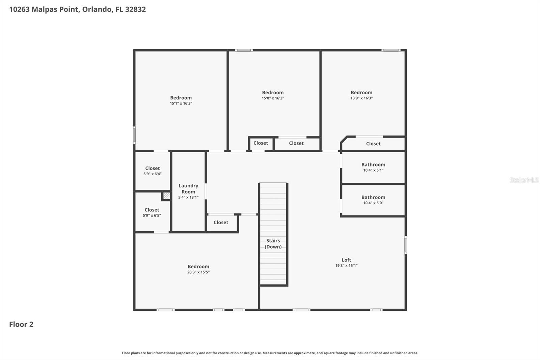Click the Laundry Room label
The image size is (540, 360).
pos(188,188)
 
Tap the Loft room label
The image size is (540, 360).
pos(346,260)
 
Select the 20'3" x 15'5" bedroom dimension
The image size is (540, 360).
pos(198,272)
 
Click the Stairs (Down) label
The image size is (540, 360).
pos(273,243)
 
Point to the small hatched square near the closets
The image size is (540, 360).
pos(166,196)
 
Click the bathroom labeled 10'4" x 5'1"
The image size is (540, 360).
pos(373,167)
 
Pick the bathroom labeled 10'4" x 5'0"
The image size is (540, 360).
pos(373,200)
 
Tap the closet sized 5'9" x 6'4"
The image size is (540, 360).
pos(153,171)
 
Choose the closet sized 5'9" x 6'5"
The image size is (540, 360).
pos(152,212)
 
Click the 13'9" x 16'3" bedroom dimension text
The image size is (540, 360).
pos(361,98)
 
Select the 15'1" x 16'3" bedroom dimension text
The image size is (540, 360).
pos(181,103)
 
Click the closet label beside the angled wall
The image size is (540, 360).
pos(373,144)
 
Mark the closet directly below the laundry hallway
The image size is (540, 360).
pos(221,222)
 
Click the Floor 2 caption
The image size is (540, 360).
pos(21,324)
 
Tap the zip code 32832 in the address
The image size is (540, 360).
pos(135,9)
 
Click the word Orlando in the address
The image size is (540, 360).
pos(97,9)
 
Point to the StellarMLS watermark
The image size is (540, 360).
pos(524,180)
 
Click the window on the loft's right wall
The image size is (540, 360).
pos(405,245)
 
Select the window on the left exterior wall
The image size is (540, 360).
pos(134,135)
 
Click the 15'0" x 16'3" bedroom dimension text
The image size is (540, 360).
pos(273,98)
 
